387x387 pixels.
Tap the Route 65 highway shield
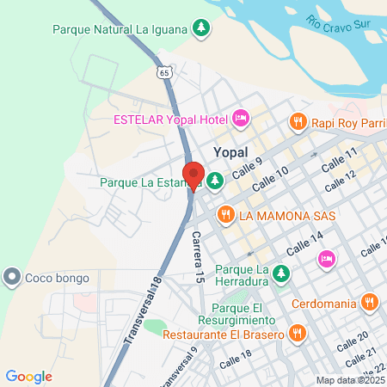(x=164, y=73)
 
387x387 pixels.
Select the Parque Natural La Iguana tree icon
(x=200, y=29)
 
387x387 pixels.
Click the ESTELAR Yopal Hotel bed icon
(x=241, y=118)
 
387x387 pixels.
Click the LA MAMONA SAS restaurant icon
(x=226, y=213)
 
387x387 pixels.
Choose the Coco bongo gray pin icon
(x=12, y=277)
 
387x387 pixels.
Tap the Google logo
(x=28, y=376)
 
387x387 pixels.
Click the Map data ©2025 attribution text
(x=349, y=380)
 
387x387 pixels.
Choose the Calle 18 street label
(x=236, y=359)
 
